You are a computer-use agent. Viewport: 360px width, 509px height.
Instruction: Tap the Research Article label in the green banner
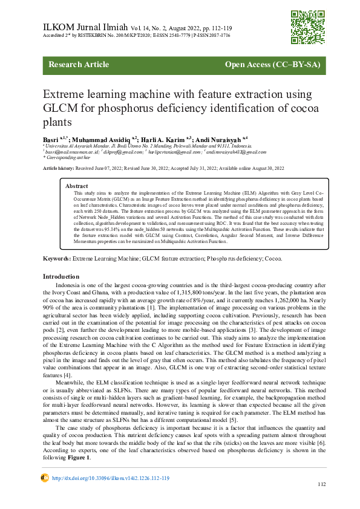pos(79,65)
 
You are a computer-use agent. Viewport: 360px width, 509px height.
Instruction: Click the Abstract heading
pos(77,186)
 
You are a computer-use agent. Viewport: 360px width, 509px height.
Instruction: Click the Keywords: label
pos(56,258)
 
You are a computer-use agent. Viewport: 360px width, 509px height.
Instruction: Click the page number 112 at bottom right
pos(322,485)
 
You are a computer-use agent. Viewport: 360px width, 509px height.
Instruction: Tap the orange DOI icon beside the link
pos(44,478)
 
